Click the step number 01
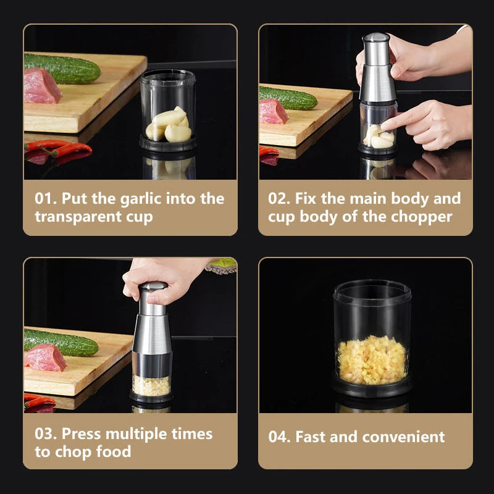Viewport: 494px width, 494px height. pyautogui.click(x=46, y=198)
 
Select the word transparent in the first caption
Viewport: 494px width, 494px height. pyautogui.click(x=78, y=217)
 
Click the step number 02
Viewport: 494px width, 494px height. pyautogui.click(x=280, y=198)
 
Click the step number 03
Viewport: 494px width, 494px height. pyautogui.click(x=46, y=433)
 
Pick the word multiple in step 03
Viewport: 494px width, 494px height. pyautogui.click(x=137, y=435)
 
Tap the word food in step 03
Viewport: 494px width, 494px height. pyautogui.click(x=114, y=451)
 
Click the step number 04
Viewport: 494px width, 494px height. pyautogui.click(x=280, y=437)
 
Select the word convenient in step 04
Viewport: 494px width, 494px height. pyautogui.click(x=404, y=437)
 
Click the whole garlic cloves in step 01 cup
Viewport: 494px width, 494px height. pyautogui.click(x=169, y=125)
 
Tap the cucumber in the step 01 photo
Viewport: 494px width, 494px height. pyautogui.click(x=62, y=68)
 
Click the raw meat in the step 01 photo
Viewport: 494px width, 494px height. pyautogui.click(x=42, y=86)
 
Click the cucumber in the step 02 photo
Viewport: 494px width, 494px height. pyautogui.click(x=288, y=98)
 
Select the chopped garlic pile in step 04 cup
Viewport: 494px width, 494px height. pyautogui.click(x=372, y=360)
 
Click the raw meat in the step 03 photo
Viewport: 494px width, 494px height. pyautogui.click(x=45, y=358)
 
